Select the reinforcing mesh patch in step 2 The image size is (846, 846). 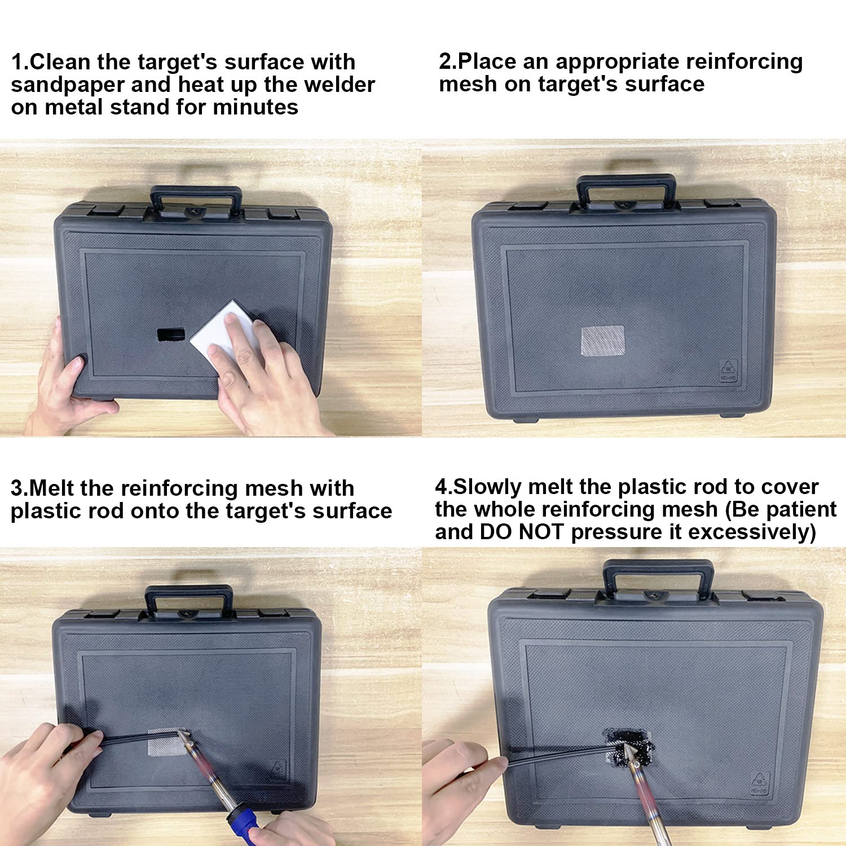602,341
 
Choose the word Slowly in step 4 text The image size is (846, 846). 487,487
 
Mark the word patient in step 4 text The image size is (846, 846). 799,509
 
